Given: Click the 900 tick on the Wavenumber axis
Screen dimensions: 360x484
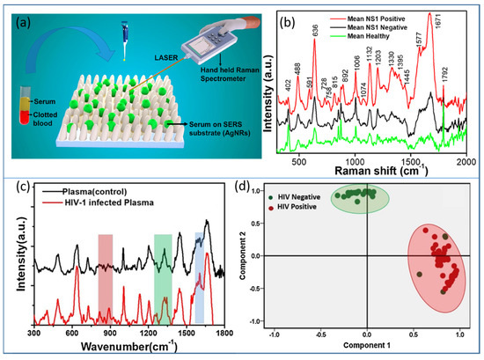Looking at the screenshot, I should click(x=110, y=334).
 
